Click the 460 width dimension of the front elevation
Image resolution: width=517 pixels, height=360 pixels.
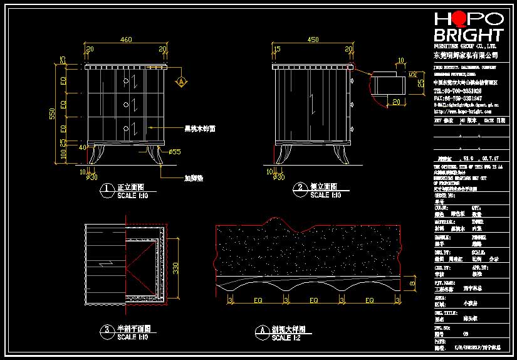(126, 40)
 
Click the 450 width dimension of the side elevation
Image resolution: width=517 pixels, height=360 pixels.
(313, 40)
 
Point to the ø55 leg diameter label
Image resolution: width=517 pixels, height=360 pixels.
(174, 152)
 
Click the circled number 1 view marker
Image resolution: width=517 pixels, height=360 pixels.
(107, 188)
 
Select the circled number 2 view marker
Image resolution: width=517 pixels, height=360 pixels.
(300, 188)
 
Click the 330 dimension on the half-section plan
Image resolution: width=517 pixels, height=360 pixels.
(177, 268)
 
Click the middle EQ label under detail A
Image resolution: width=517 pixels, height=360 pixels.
(311, 300)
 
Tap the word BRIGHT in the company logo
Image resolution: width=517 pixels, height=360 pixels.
(468, 35)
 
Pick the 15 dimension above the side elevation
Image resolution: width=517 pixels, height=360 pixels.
(276, 48)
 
